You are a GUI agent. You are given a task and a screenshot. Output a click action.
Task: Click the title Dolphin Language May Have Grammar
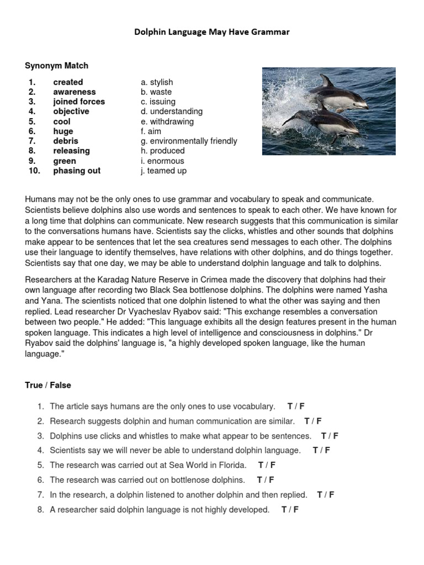tap(212, 33)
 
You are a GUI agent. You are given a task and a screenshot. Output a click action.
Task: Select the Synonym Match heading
tap(56, 66)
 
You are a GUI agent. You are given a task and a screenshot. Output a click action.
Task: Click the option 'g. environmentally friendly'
tap(189, 141)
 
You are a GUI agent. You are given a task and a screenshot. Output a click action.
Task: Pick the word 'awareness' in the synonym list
tap(74, 92)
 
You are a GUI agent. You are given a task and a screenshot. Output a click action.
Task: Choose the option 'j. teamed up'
tap(163, 170)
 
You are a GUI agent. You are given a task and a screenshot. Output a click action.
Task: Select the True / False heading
tap(48, 385)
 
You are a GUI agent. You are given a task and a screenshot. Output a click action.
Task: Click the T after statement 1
tap(290, 407)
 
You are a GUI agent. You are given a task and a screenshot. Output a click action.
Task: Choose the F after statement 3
tap(336, 436)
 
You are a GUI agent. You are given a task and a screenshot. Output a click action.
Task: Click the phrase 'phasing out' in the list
tap(77, 170)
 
